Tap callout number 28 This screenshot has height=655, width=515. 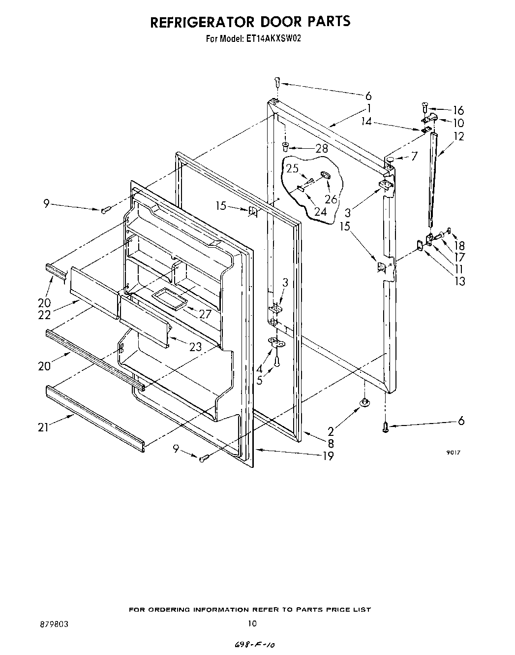[x=321, y=148]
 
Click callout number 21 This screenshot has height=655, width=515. [x=43, y=427]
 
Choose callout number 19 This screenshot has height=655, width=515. [x=328, y=456]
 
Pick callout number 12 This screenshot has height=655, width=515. [x=458, y=136]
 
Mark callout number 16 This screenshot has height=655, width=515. [x=458, y=110]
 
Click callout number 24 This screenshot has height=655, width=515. [x=321, y=212]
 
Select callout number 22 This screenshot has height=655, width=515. [x=45, y=316]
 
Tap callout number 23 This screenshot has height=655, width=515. [x=195, y=347]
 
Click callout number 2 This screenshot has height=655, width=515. [x=331, y=432]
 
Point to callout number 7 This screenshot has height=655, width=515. [x=414, y=156]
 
